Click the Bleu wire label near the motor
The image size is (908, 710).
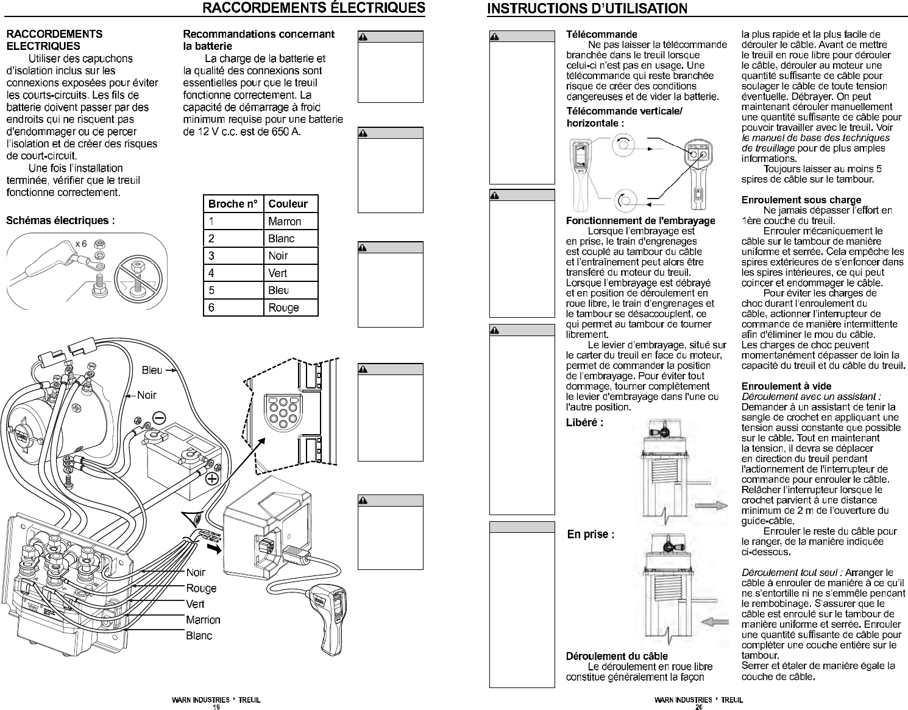pyautogui.click(x=152, y=370)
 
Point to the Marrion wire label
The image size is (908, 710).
pyautogui.click(x=203, y=620)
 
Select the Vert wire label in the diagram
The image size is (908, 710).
pyautogui.click(x=195, y=604)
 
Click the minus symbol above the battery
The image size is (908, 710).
pyautogui.click(x=159, y=418)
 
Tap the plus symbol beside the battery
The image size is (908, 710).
pyautogui.click(x=212, y=479)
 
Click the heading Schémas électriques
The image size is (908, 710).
pyautogui.click(x=60, y=220)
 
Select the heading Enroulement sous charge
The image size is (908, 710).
pyautogui.click(x=801, y=200)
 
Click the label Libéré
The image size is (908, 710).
pyautogui.click(x=584, y=423)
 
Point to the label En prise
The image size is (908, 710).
pyautogui.click(x=591, y=535)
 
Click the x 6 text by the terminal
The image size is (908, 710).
pyautogui.click(x=81, y=244)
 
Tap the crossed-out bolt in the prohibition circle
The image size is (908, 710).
pyautogui.click(x=138, y=278)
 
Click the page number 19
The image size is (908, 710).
pyautogui.click(x=216, y=707)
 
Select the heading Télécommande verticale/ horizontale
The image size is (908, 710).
pyautogui.click(x=624, y=117)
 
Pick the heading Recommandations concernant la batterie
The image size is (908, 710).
pyautogui.click(x=258, y=40)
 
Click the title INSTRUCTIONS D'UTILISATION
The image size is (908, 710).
pyautogui.click(x=587, y=9)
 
